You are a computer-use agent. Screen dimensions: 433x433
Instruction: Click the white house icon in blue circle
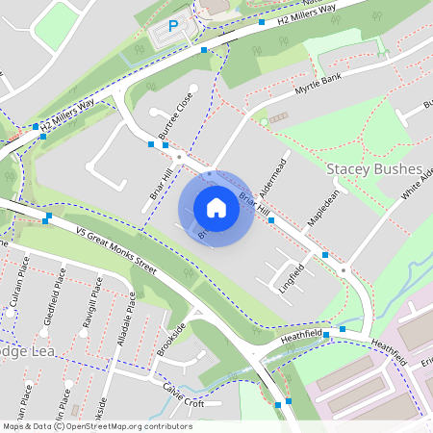(x=216, y=208)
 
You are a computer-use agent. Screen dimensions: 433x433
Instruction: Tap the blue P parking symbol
(x=173, y=28)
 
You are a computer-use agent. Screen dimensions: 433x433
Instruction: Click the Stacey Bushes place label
(x=374, y=169)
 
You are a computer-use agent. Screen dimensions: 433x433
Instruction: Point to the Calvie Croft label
(x=183, y=395)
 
